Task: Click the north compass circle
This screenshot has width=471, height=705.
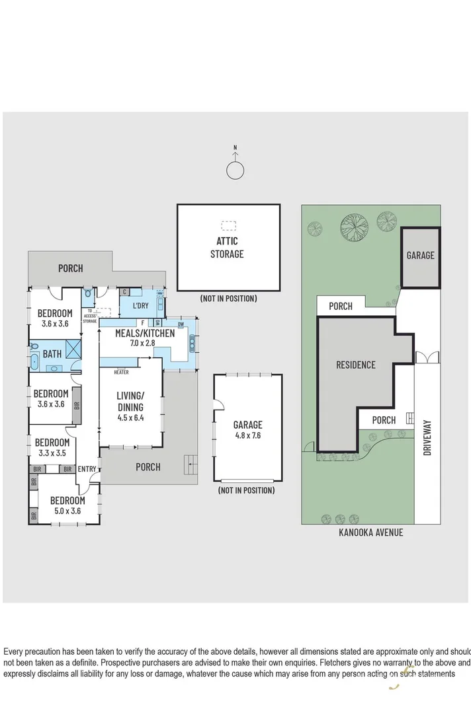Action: point(235,170)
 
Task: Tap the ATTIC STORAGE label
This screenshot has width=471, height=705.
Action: point(227,248)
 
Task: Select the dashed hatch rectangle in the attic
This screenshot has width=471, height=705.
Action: point(229,225)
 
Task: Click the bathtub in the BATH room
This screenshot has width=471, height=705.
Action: point(35,361)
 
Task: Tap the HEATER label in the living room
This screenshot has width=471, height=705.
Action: point(121,372)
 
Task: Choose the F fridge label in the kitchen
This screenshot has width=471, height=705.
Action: point(142,323)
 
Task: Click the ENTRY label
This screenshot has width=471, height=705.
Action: point(87,469)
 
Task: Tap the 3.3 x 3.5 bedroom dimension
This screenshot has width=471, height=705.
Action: point(51,453)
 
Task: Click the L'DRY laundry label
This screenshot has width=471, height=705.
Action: point(140,305)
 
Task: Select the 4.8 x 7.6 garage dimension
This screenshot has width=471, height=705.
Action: point(247,435)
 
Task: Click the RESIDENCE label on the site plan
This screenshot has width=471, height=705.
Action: point(355,365)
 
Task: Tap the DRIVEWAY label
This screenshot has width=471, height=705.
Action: point(427,438)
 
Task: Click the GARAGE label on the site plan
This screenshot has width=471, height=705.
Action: point(420,255)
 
